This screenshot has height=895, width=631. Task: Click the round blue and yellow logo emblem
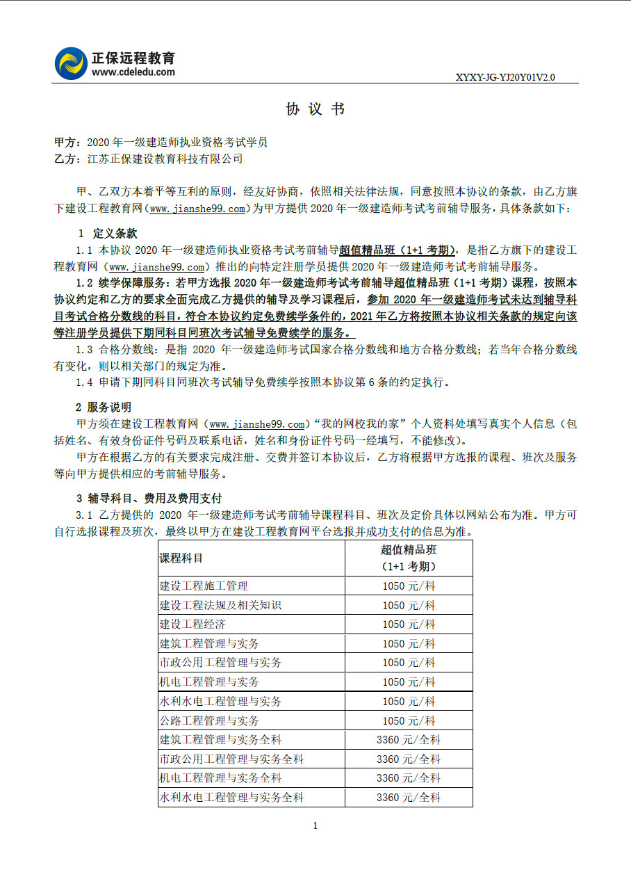(x=71, y=63)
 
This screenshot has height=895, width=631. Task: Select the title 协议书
(x=315, y=109)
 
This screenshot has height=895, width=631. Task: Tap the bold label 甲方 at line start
(x=65, y=142)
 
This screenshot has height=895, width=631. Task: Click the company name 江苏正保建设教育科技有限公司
(x=165, y=159)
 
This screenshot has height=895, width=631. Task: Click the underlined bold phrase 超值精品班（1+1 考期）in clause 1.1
(x=397, y=250)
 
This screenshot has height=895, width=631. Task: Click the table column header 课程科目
(x=181, y=558)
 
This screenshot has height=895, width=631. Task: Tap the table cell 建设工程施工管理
(x=204, y=586)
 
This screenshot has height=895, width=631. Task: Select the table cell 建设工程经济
(x=192, y=624)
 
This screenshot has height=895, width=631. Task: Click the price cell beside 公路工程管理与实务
(x=409, y=720)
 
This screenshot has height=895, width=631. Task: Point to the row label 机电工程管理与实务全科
(x=220, y=778)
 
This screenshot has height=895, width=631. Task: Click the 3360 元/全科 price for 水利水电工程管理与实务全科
(x=409, y=798)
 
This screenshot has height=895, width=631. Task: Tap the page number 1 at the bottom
(x=315, y=826)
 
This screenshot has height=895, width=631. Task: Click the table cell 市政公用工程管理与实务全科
(x=231, y=759)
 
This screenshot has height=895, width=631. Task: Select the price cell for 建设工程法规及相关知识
(x=409, y=606)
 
